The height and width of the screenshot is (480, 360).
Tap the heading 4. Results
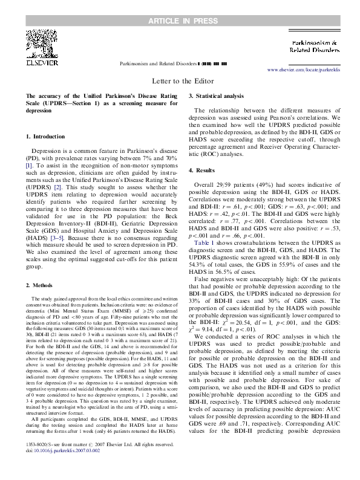point(205,170)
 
